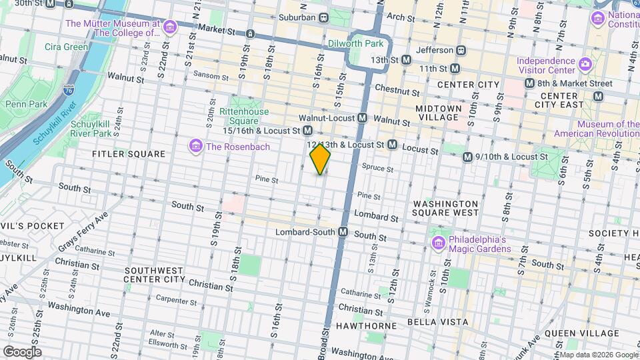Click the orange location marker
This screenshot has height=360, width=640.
tap(321, 159)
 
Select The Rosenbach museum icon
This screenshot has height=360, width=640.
tap(196, 146)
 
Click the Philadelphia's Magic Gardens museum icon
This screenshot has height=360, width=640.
tap(438, 241)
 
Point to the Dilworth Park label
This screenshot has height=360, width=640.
tap(357, 43)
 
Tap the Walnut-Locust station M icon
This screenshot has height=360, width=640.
tap(363, 118)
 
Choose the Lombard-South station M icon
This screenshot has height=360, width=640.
tap(343, 231)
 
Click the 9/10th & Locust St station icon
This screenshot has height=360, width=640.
tap(468, 157)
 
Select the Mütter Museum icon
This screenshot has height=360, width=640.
tap(170, 27)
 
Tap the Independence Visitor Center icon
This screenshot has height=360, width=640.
tap(585, 64)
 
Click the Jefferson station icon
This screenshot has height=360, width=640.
tap(460, 50)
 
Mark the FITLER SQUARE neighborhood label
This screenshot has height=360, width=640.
tap(129, 154)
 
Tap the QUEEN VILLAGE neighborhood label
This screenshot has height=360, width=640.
tap(577, 333)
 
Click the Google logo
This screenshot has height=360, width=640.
tap(22, 351)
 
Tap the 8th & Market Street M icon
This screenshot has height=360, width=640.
tap(530, 83)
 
